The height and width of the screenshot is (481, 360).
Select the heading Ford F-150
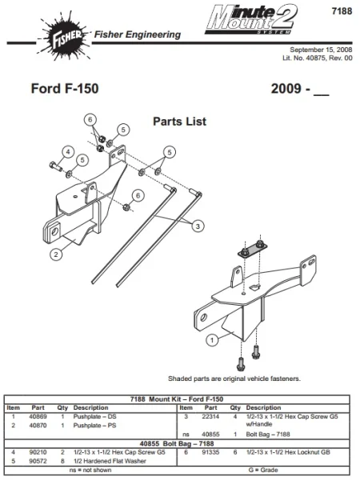click(x=65, y=88)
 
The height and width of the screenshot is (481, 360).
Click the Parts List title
click(x=179, y=122)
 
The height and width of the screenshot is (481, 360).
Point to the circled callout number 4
click(x=69, y=151)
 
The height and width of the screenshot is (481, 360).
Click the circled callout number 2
click(x=56, y=255)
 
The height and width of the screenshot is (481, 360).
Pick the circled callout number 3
click(x=195, y=226)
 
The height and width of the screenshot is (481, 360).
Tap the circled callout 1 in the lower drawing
click(x=211, y=340)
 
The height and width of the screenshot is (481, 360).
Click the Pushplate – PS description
click(x=95, y=425)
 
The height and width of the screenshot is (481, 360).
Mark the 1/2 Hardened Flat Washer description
click(x=110, y=460)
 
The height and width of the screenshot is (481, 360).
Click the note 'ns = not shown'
click(x=90, y=471)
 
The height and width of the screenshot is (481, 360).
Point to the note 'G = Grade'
click(x=263, y=471)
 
